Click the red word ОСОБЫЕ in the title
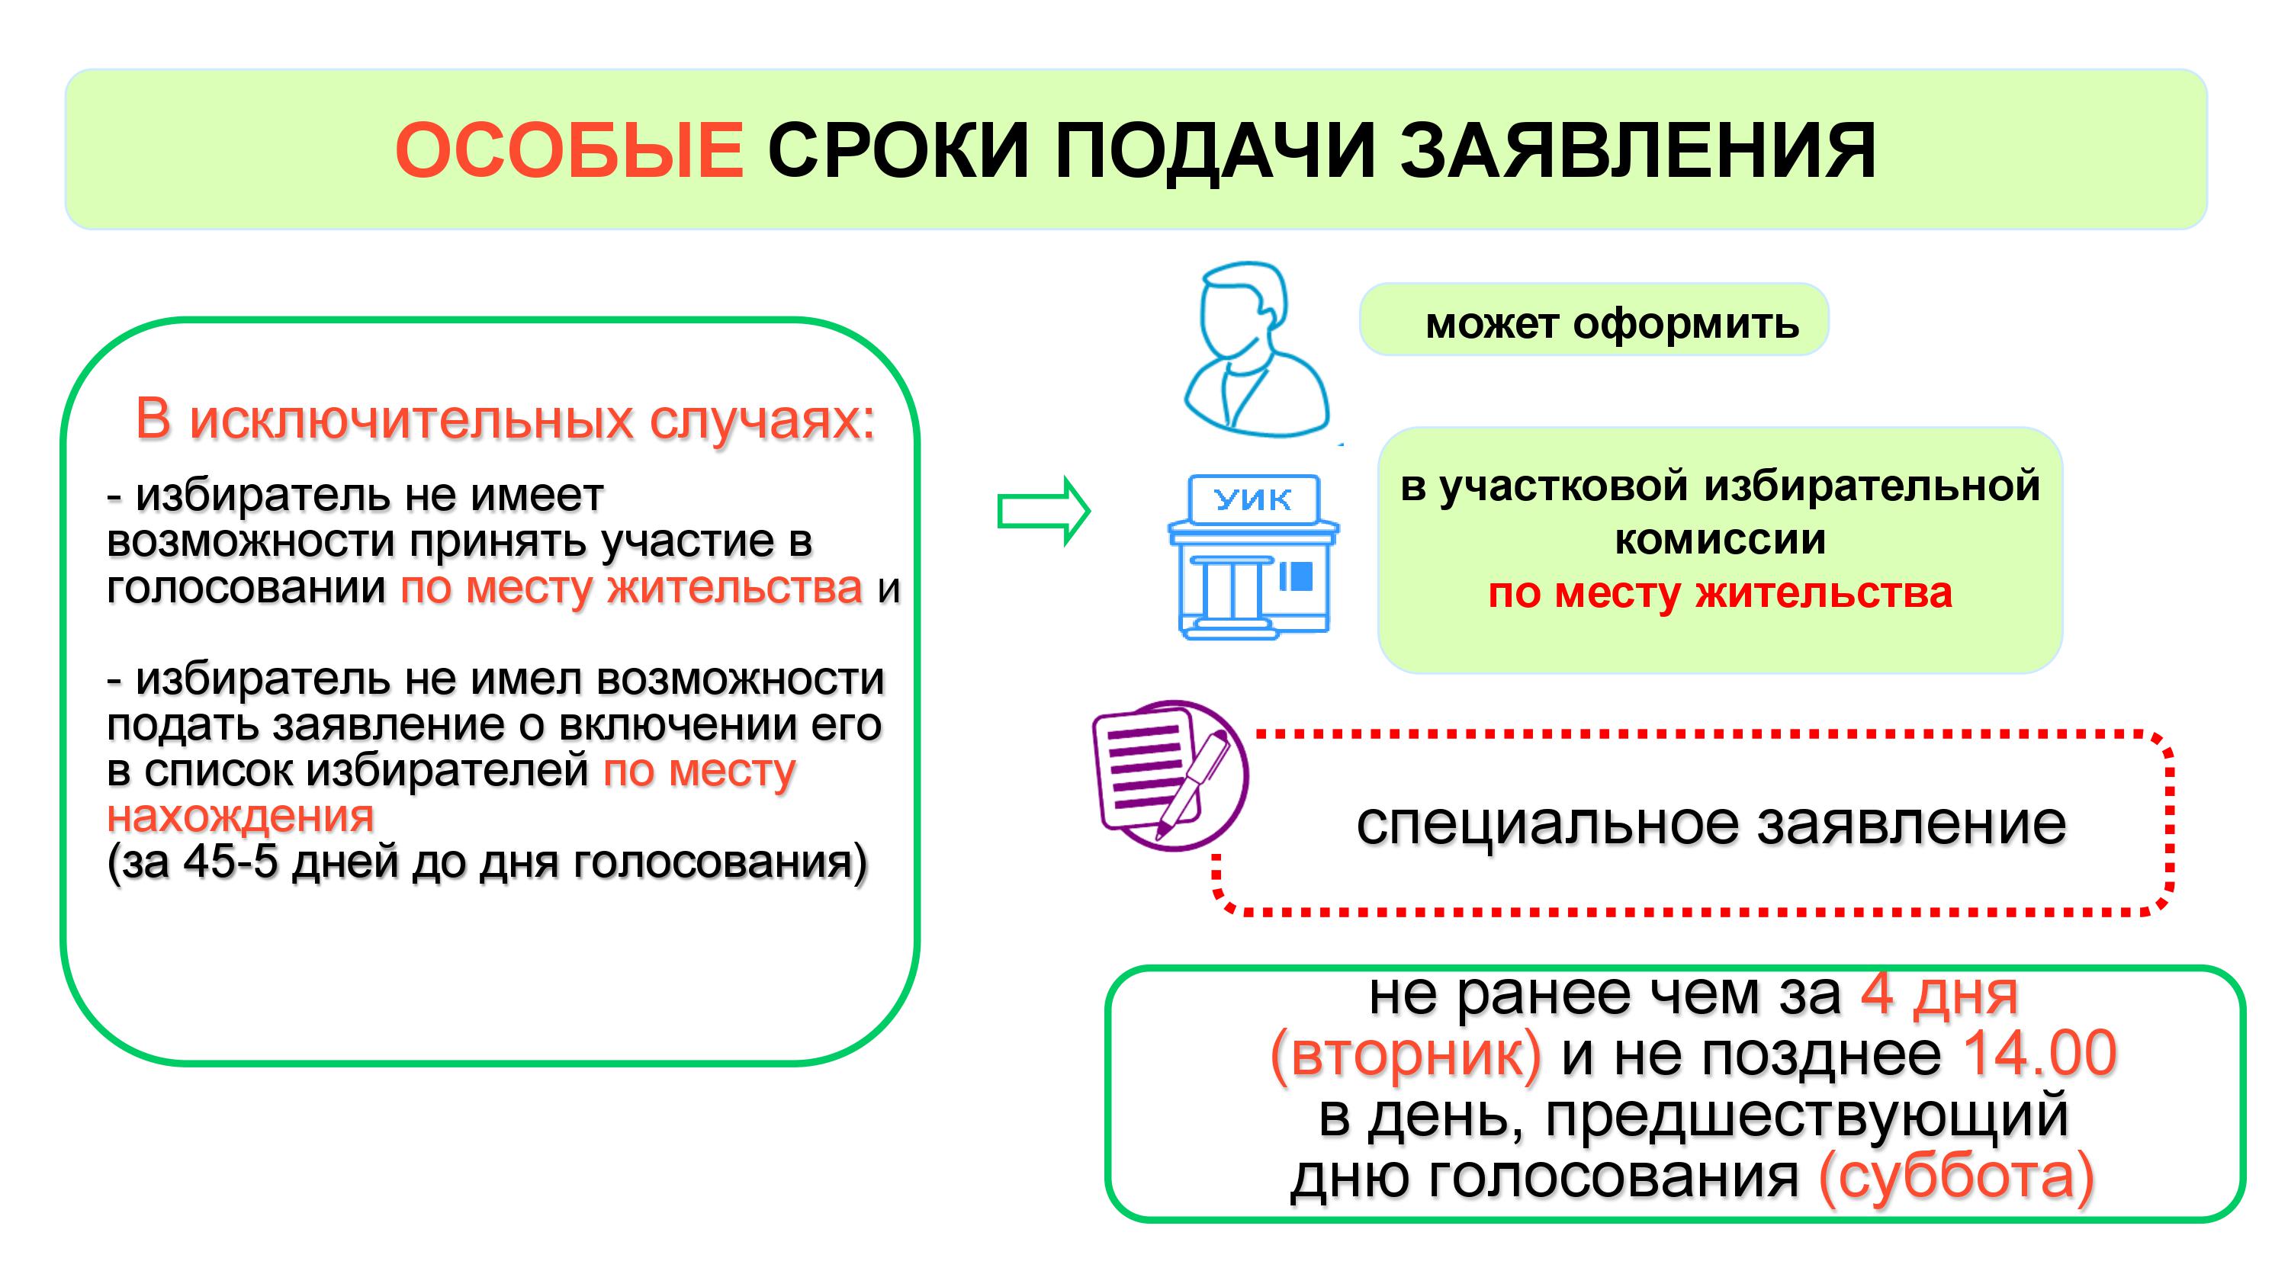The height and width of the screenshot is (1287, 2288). [x=570, y=150]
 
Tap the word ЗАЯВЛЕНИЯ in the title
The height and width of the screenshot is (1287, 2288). [x=1640, y=151]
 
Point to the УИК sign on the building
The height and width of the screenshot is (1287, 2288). [x=1253, y=500]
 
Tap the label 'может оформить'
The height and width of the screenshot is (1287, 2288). [x=1612, y=323]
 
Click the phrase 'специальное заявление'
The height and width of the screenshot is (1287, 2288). [x=1711, y=824]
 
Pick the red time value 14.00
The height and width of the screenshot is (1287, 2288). [x=2040, y=1054]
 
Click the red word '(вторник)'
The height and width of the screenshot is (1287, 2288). [x=1406, y=1055]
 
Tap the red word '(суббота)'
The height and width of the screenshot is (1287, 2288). [x=1957, y=1178]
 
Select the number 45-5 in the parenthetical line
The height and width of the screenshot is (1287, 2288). [x=231, y=862]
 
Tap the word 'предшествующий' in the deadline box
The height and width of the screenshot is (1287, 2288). [x=1808, y=1117]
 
